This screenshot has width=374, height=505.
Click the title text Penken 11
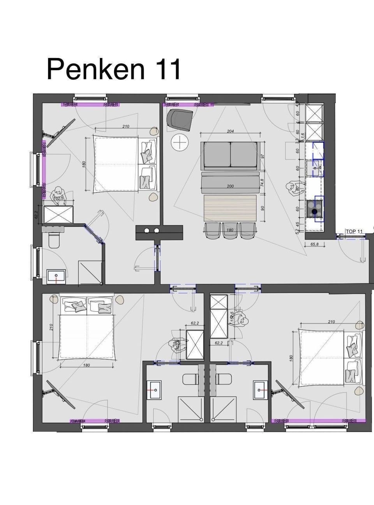(114, 69)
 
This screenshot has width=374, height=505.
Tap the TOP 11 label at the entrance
(354, 231)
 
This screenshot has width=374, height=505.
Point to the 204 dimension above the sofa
(230, 131)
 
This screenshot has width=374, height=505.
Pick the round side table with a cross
(180, 143)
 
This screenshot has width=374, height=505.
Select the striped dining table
(230, 208)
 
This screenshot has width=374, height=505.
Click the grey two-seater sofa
(230, 156)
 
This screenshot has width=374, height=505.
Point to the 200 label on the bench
(230, 186)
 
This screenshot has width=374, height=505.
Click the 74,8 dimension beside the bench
(262, 182)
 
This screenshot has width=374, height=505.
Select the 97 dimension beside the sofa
(262, 156)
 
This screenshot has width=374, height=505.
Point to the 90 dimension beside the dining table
(263, 208)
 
